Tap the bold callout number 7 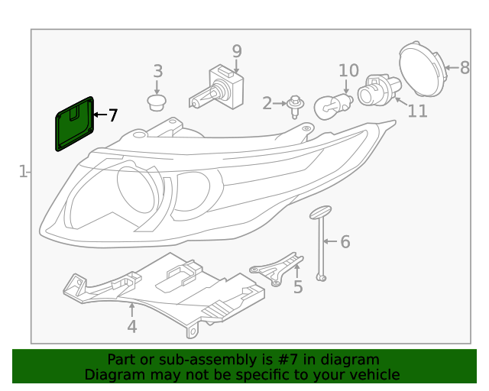[113, 116]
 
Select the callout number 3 [157, 72]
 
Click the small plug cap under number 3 [157, 102]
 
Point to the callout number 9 [237, 51]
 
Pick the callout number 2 [267, 103]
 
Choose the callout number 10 [348, 71]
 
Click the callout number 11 [417, 111]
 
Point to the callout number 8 [465, 67]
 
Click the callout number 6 [345, 242]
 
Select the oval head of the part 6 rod [319, 212]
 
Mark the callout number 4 [131, 327]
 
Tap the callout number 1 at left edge [23, 172]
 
